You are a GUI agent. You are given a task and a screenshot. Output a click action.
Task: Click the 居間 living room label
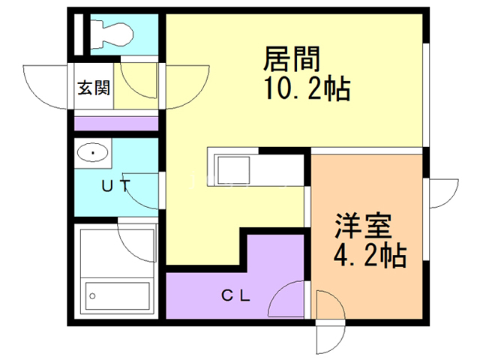pyautogui.click(x=292, y=58)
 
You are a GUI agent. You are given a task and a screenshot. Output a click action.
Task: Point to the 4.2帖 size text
pyautogui.click(x=370, y=256)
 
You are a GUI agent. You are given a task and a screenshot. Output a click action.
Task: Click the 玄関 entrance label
pyautogui.click(x=94, y=88)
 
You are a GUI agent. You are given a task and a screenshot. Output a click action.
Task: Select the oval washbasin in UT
pyautogui.click(x=92, y=154)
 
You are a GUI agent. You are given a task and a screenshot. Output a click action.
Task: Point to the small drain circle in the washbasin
pyautogui.click(x=92, y=154)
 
